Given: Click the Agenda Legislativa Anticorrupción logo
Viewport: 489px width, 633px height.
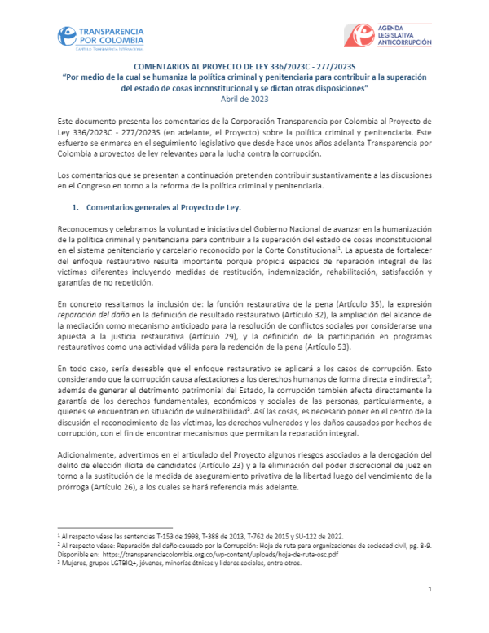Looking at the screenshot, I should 387,36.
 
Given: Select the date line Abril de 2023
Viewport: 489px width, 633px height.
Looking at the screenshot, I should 244,99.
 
